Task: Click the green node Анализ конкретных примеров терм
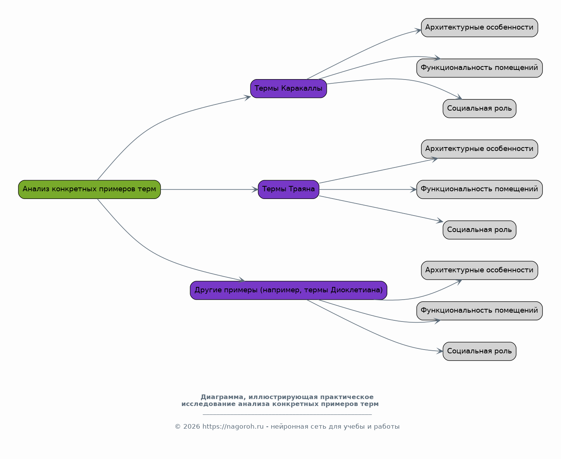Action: [x=89, y=189]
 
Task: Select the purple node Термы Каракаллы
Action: [x=288, y=88]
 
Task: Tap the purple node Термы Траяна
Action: [x=288, y=189]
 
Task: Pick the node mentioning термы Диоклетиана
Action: [x=288, y=290]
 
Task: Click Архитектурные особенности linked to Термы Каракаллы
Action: [x=479, y=28]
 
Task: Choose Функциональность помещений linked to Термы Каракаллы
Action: [x=479, y=68]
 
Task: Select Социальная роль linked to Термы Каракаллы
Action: [x=479, y=109]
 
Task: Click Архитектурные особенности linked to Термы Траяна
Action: [x=479, y=149]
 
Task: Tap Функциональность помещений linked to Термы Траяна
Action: [x=479, y=189]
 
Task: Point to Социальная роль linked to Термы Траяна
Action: [x=479, y=230]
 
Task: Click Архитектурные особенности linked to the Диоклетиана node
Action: [x=479, y=270]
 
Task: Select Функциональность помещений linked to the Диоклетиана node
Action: [x=479, y=311]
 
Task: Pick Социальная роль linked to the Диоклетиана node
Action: [x=479, y=351]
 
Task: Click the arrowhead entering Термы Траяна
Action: [x=255, y=189]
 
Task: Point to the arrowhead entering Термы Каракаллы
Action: [x=248, y=98]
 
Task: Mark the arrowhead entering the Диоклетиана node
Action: [x=242, y=280]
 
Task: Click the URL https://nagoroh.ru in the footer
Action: [x=233, y=426]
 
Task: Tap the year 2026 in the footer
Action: [x=191, y=426]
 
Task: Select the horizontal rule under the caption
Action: [x=287, y=415]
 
